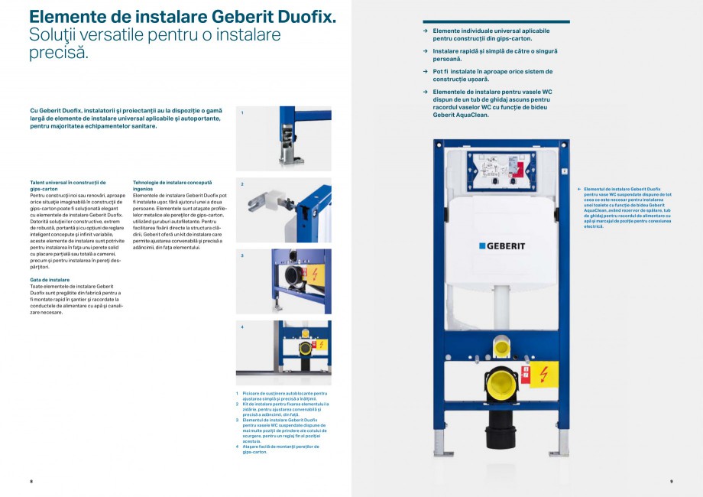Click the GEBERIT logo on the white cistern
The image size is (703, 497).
coord(501,245)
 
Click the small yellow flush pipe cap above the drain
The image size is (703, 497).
coord(501,348)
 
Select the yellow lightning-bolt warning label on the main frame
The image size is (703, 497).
coord(543,374)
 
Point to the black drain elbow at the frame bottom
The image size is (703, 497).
coord(501,432)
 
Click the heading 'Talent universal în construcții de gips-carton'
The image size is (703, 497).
coord(67,185)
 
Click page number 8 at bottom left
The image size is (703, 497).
coord(31,481)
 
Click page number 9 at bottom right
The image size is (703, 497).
coord(671,481)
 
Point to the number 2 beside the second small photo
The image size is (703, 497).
coord(242,184)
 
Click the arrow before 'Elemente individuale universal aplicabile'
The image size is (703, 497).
coord(426,31)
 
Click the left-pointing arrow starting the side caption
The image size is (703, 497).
coord(578,188)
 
